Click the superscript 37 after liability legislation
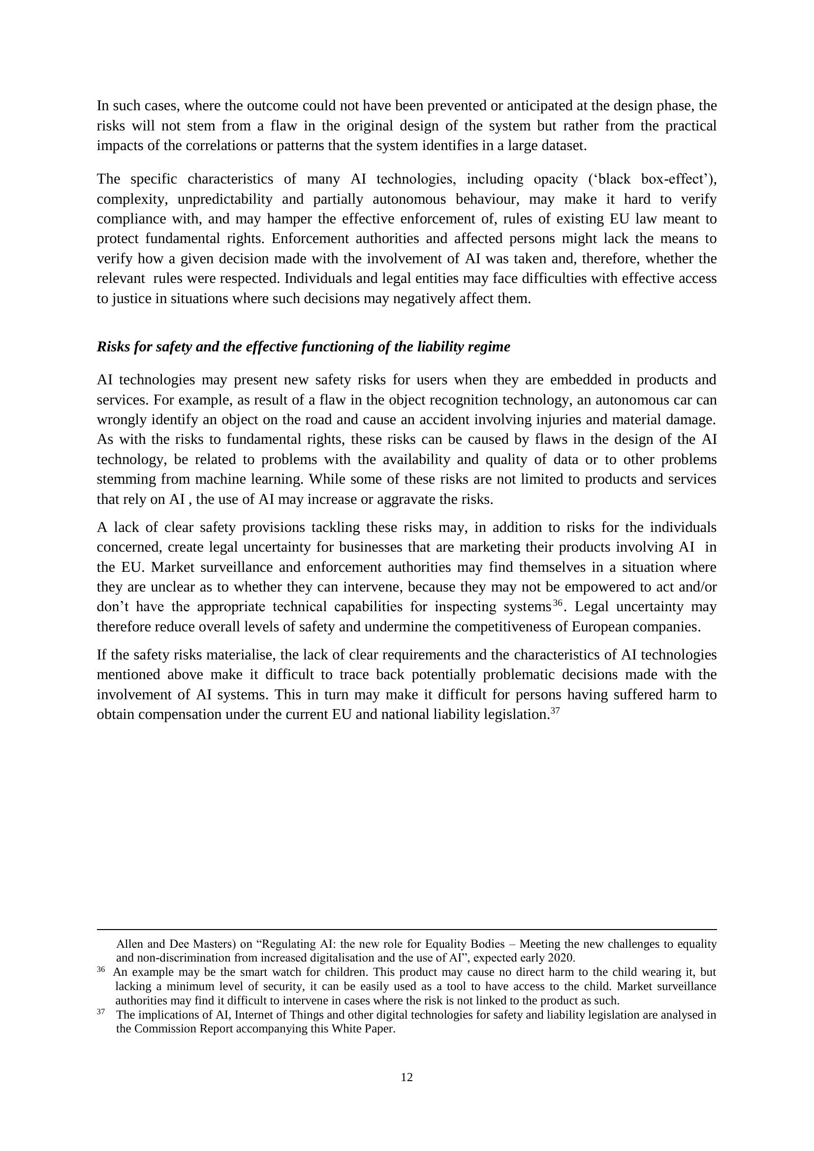pyautogui.click(x=555, y=710)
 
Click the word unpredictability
pyautogui.click(x=225, y=199)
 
